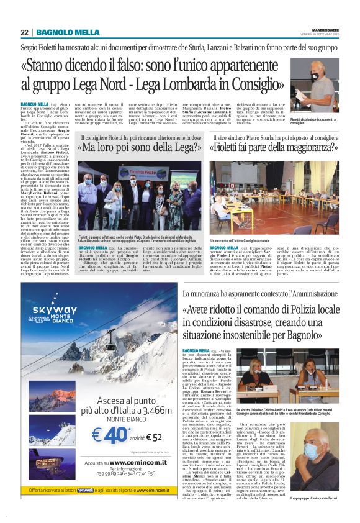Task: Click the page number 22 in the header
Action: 24,32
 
